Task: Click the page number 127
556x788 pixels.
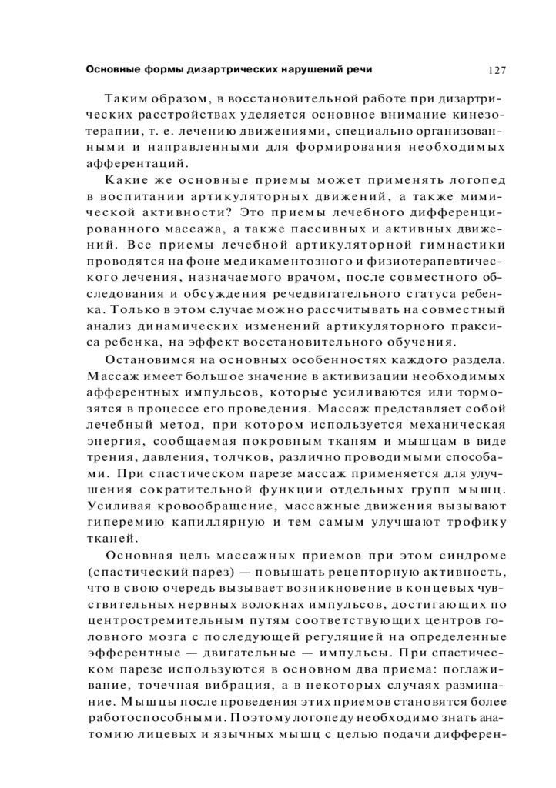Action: point(497,70)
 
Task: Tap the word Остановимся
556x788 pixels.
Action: point(154,359)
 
